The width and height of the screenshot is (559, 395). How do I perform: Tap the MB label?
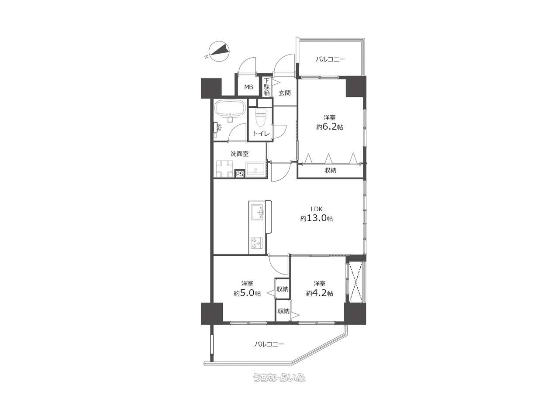(248, 87)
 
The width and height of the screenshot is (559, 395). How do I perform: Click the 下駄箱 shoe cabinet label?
(267, 87)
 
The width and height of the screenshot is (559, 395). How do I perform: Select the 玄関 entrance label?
(284, 93)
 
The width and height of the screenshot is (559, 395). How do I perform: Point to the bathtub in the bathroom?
(230, 109)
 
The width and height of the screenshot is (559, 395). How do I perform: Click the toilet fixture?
(261, 117)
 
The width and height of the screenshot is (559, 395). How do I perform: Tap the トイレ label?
(261, 134)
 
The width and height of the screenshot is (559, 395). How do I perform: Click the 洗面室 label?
(239, 154)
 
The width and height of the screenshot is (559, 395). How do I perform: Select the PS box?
(240, 174)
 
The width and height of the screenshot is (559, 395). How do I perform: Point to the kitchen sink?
(257, 212)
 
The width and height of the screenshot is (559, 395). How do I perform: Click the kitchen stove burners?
(256, 243)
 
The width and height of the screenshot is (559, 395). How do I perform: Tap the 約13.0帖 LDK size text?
(317, 218)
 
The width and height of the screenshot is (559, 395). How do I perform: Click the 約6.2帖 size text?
(329, 127)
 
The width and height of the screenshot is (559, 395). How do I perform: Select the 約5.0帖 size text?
(247, 293)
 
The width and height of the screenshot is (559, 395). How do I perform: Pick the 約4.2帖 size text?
(319, 293)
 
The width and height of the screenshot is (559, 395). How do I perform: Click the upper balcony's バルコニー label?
(330, 59)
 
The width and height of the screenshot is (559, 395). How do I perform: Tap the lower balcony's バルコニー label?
(269, 344)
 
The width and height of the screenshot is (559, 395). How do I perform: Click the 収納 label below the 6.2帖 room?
(330, 170)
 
